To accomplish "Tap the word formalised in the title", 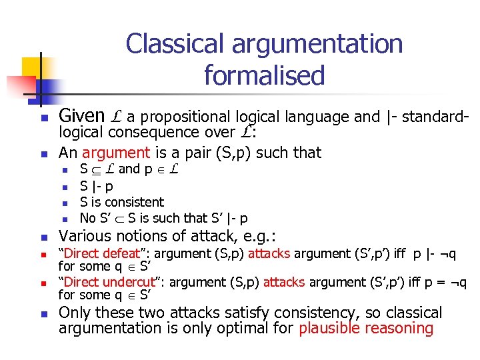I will tap(264, 75).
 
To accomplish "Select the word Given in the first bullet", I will tap(82, 116).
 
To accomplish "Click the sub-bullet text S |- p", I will tap(96, 186).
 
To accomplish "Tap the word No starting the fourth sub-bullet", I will tap(87, 218).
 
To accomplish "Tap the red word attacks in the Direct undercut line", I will tap(283, 282).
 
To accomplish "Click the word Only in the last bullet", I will tap(74, 313).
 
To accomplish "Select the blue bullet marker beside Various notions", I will tap(42, 237).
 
